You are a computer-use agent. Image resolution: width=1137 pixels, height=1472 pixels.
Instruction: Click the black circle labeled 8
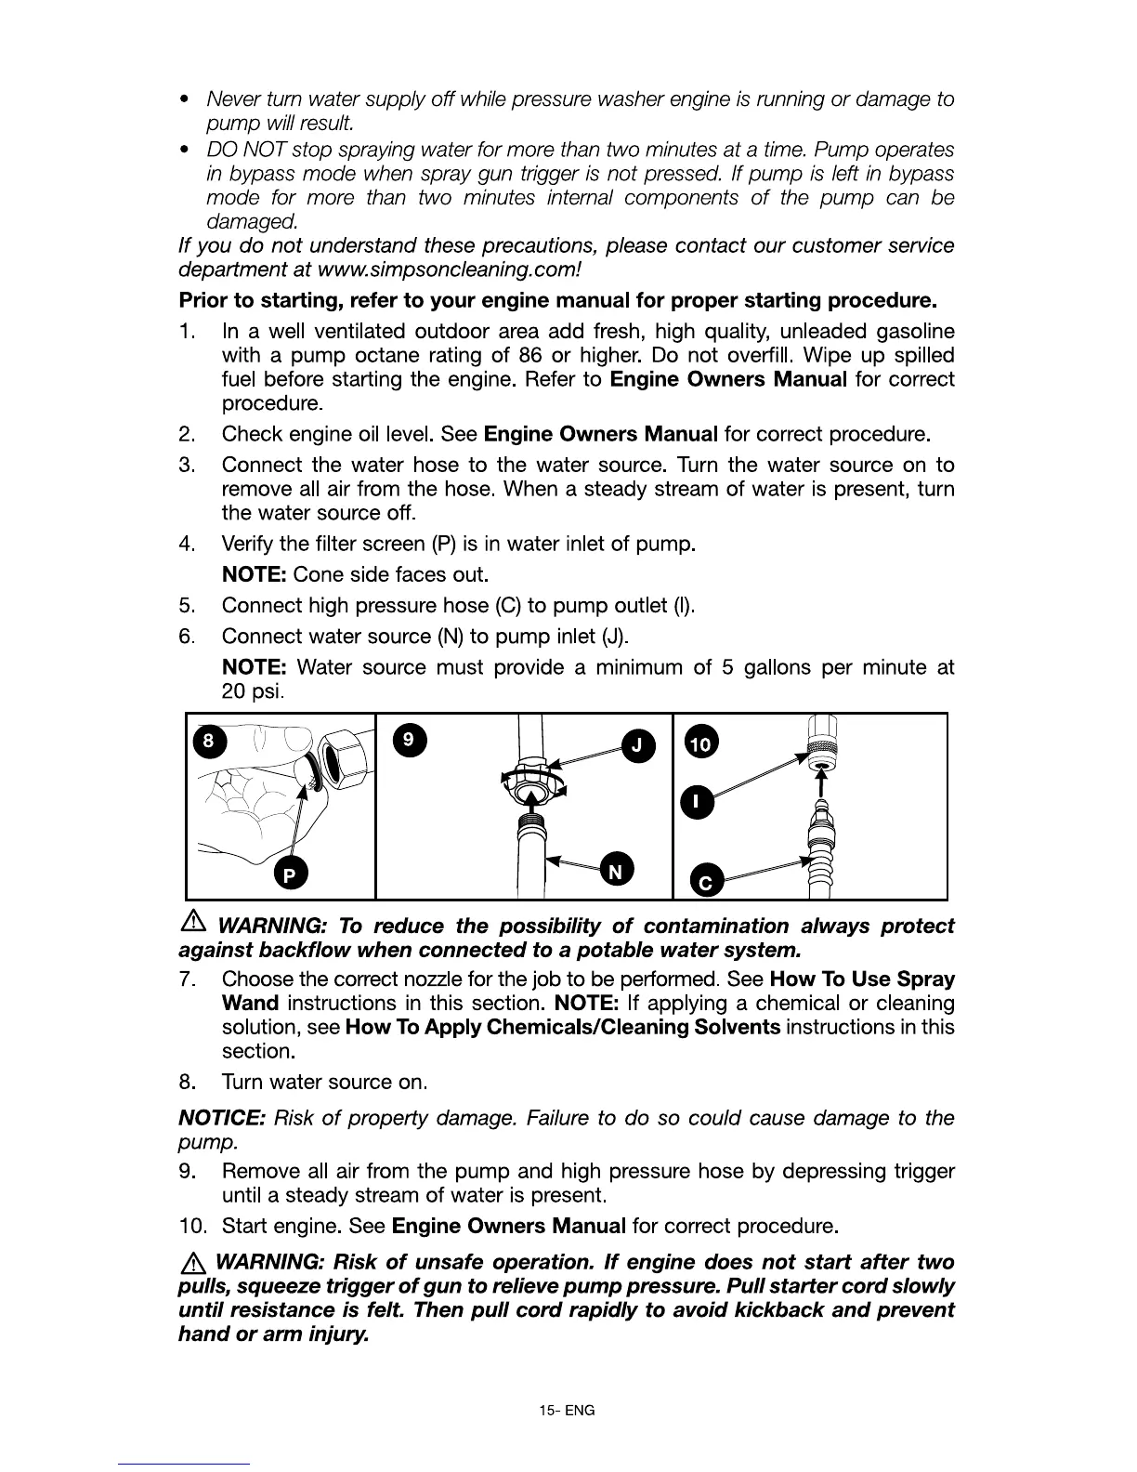(x=209, y=741)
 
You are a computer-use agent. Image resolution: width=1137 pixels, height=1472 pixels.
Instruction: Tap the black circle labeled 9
(x=410, y=740)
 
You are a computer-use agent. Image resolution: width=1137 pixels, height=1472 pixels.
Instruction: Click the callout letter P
(x=290, y=875)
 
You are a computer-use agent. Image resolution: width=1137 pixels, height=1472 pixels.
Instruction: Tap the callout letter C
(x=705, y=881)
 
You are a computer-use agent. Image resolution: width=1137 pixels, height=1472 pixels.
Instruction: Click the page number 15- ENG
(x=567, y=1410)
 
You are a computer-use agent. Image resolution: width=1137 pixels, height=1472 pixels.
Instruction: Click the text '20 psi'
(x=252, y=691)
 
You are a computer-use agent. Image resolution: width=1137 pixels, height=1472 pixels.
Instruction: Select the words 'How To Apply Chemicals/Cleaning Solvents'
(x=562, y=1027)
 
